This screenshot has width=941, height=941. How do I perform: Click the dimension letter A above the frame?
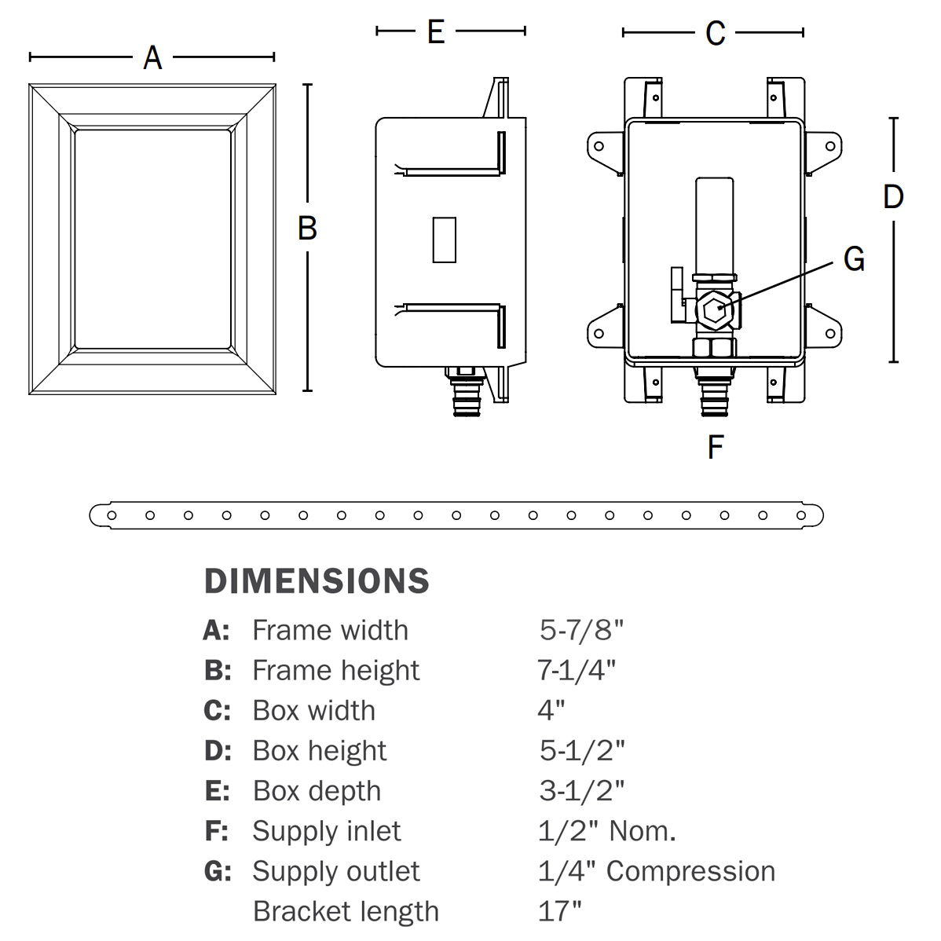(152, 57)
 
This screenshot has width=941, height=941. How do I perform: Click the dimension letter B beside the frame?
(307, 228)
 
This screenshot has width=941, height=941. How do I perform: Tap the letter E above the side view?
(436, 31)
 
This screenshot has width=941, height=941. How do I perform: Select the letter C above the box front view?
(715, 33)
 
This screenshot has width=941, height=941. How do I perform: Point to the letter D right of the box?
(893, 196)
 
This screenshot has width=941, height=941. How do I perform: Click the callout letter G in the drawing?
(854, 258)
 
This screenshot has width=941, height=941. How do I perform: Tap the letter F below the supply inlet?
(715, 447)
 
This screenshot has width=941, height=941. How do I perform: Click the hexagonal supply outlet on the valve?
(716, 311)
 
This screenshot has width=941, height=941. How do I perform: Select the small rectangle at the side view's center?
(444, 239)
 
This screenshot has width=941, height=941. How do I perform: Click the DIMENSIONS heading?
(317, 581)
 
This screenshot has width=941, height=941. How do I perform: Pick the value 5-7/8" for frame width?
(581, 629)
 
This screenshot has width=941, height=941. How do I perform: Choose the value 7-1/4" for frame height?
(577, 670)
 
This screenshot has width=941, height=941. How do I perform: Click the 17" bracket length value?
(560, 911)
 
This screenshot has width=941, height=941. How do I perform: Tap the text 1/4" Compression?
(657, 870)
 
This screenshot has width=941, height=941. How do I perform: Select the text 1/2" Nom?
(606, 830)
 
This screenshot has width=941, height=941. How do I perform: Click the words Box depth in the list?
(317, 790)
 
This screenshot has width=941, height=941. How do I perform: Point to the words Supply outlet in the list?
(335, 870)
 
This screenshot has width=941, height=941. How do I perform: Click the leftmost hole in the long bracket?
(112, 515)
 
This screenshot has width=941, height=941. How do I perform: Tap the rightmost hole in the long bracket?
(801, 515)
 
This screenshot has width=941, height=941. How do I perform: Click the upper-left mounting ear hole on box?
(599, 145)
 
